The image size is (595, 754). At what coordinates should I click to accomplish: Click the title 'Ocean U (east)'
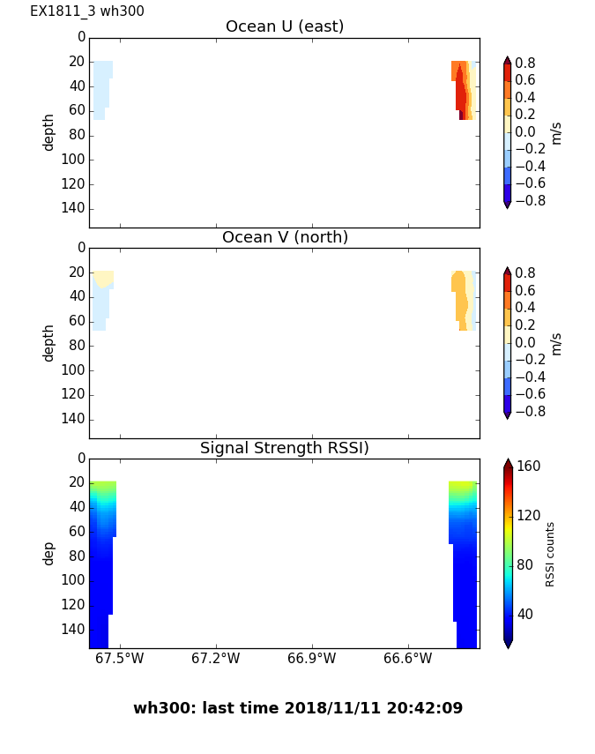pos(285,26)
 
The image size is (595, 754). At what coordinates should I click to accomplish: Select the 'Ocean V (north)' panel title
pos(285,237)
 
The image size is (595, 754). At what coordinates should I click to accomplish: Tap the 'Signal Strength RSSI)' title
pos(285,448)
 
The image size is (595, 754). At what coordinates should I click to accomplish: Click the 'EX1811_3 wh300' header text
pos(87,11)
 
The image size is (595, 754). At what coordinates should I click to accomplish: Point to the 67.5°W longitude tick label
pos(119,659)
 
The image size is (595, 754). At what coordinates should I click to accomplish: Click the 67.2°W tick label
pos(215,659)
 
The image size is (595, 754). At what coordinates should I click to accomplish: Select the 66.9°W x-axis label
pos(311,659)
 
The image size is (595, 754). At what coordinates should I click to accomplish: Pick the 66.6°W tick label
pos(407,659)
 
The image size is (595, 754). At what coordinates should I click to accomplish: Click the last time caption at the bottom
pos(298,708)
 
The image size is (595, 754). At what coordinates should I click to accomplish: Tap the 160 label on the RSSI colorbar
pos(529,467)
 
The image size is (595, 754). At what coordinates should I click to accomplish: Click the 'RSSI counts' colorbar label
pos(551,554)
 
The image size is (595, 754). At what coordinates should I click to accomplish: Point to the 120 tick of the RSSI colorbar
pos(529,516)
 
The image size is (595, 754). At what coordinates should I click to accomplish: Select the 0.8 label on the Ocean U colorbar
pos(524,63)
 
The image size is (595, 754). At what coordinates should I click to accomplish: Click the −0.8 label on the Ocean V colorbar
pos(529,411)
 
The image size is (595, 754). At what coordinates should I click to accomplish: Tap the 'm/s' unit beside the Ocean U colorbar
pos(555,132)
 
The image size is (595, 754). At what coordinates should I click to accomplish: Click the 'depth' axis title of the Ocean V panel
pos(49,342)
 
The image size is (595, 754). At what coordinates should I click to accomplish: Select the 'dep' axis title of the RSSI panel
pos(49,553)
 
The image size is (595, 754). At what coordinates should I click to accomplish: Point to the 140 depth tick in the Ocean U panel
pos(74,208)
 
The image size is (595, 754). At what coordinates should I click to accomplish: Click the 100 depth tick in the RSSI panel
pos(74,580)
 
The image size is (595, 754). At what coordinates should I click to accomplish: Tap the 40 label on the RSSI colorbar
pos(525,614)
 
